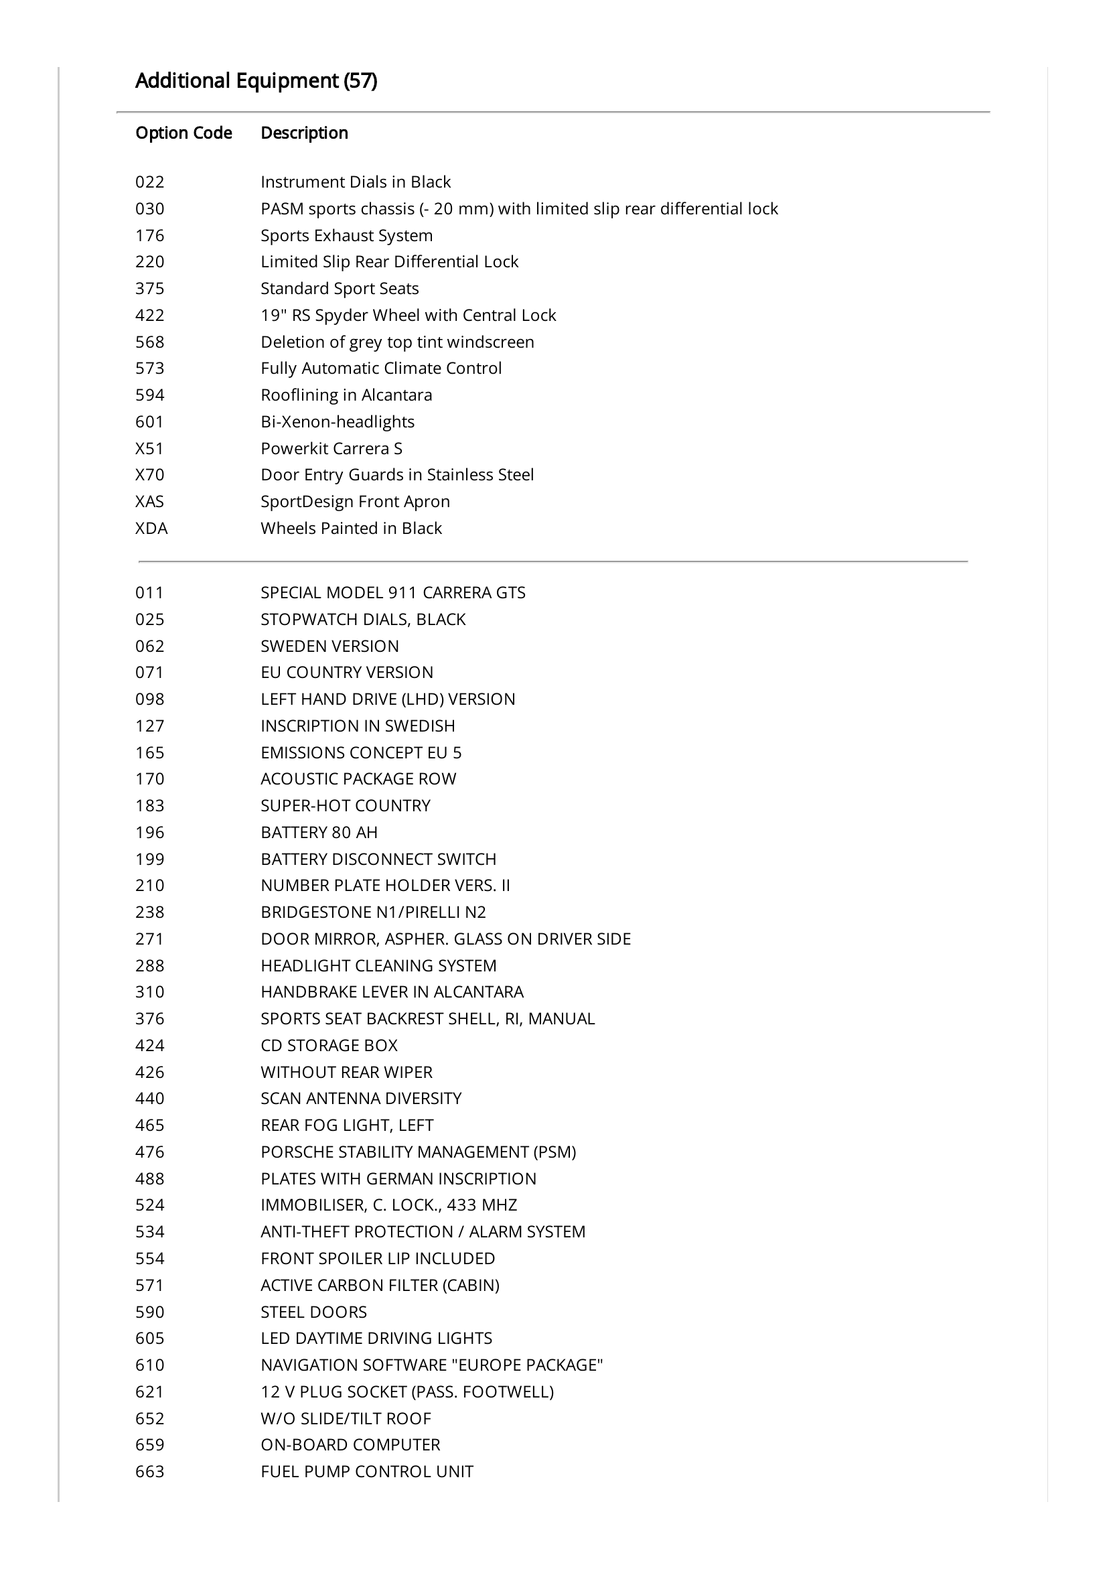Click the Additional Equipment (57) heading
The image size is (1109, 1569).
[x=256, y=80]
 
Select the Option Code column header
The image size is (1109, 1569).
[x=183, y=133]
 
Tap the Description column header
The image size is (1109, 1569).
[x=304, y=133]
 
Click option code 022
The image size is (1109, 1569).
[x=149, y=182]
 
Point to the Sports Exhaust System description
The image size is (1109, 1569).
[x=346, y=235]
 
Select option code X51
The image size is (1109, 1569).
[x=149, y=448]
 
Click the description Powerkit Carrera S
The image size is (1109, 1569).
[x=331, y=448]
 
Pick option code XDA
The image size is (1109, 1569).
[x=151, y=528]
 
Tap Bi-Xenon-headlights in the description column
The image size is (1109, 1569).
[x=338, y=421]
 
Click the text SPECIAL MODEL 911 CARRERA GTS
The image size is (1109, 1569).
[x=393, y=592]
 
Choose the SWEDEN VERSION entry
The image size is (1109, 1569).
[x=329, y=646]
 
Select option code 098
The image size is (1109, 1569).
[x=149, y=699]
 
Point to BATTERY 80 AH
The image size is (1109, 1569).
[x=319, y=832]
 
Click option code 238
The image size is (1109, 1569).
[x=149, y=912]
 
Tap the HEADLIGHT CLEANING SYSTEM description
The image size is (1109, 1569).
[x=378, y=965]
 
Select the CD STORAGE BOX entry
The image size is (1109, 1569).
[x=329, y=1046]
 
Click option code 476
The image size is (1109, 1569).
[x=149, y=1152]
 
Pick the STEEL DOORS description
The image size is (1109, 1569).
[x=313, y=1312]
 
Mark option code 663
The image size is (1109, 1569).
[x=149, y=1472]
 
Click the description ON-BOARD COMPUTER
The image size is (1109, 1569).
[x=350, y=1445]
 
